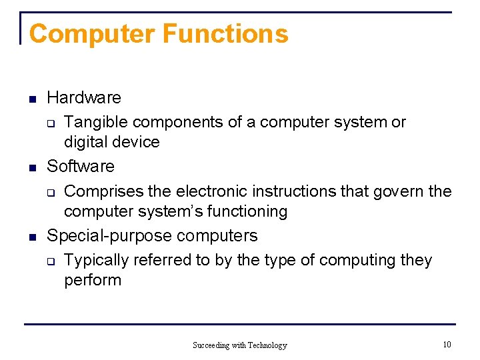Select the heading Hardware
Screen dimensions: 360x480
coord(84,98)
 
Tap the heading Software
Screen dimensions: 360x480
coord(81,166)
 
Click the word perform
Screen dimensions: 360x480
coord(93,280)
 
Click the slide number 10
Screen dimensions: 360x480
coord(447,345)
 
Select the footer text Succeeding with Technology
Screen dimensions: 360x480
coord(239,345)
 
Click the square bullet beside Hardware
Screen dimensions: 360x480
coord(31,99)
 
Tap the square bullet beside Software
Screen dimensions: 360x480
coord(31,167)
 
